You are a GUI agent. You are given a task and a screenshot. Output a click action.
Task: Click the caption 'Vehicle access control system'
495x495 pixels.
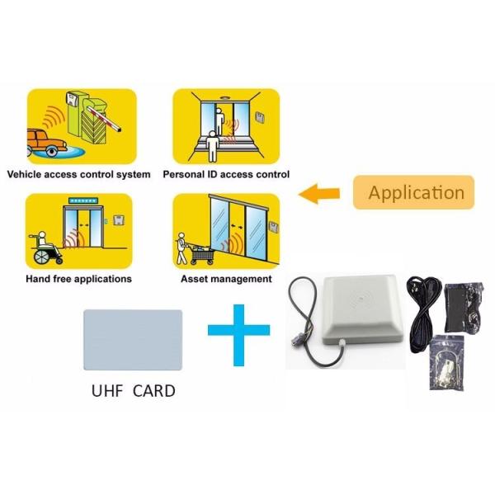pyautogui.click(x=79, y=175)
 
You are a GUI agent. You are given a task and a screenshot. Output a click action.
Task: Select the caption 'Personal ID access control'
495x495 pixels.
pyautogui.click(x=226, y=175)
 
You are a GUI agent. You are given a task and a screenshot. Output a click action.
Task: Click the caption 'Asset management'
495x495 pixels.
pyautogui.click(x=226, y=279)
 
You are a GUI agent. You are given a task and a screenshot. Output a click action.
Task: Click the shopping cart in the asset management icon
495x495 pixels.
pyautogui.click(x=203, y=252)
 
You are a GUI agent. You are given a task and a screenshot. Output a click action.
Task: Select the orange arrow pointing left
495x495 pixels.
pyautogui.click(x=319, y=195)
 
